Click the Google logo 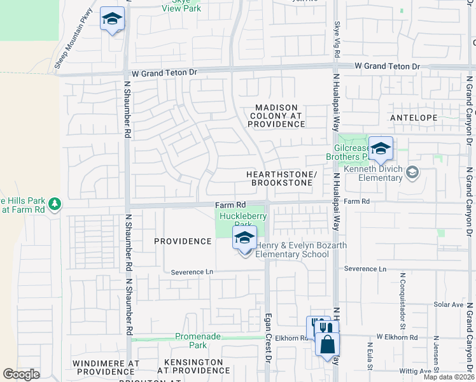point(22,374)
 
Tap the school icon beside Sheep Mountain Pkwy point(112,20)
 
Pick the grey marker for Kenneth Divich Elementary point(412,172)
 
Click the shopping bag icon point(327,344)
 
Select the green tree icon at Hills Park point(55,203)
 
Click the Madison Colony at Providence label point(276,116)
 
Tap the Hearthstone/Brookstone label point(281,178)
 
